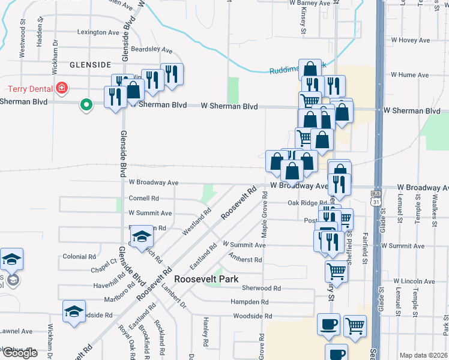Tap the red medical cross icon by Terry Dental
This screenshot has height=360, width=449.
pos(61,89)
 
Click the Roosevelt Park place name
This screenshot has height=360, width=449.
pos(206,279)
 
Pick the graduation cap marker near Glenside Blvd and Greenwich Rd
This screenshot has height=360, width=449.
pos(142,238)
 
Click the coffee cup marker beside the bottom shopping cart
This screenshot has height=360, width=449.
pos(328,325)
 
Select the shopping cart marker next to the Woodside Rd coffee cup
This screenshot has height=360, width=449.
pos(355,326)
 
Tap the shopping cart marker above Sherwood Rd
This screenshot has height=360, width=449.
pos(336,271)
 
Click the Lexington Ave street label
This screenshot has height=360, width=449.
pos(98,32)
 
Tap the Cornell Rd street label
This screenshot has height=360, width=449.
pos(143,198)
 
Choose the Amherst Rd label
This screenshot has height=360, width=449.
pos(245,260)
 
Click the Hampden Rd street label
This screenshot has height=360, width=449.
pos(248,302)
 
